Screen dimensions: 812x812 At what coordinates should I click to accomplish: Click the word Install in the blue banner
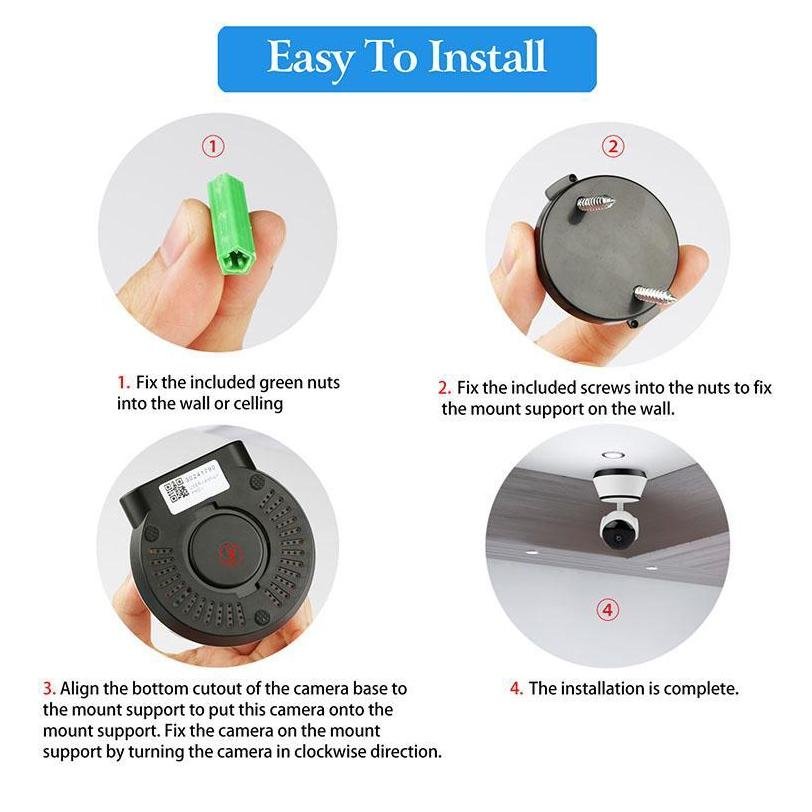(x=487, y=58)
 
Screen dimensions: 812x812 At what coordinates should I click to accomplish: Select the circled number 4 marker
(x=607, y=609)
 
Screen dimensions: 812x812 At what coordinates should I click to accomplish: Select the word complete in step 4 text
(x=701, y=688)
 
